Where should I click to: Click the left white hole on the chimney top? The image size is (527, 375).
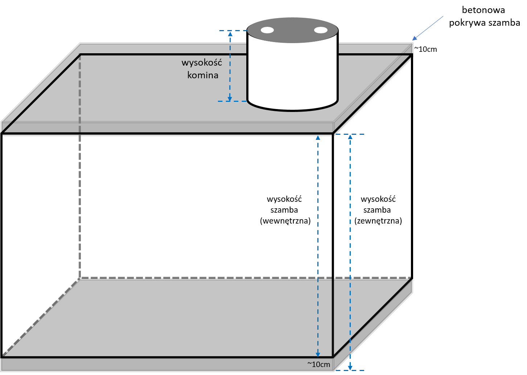click(x=267, y=30)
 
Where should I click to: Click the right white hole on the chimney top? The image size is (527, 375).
click(x=321, y=30)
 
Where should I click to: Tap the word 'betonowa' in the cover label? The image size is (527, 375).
click(x=483, y=10)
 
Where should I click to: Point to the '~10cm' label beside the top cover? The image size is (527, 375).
click(x=425, y=49)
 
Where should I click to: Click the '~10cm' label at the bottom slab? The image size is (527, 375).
click(x=318, y=364)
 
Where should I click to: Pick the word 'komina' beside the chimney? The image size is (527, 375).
click(x=203, y=75)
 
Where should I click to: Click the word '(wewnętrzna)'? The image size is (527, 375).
click(x=285, y=221)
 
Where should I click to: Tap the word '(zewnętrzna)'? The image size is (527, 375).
click(x=378, y=221)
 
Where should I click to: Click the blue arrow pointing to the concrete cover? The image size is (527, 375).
click(x=428, y=28)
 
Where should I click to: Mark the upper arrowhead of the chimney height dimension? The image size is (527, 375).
click(x=230, y=34)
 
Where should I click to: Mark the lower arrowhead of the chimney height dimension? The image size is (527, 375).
click(x=230, y=98)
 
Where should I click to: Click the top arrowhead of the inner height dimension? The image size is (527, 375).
click(x=318, y=138)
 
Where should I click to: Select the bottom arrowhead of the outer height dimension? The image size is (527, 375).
click(x=350, y=367)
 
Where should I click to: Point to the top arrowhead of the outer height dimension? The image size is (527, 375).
click(x=350, y=137)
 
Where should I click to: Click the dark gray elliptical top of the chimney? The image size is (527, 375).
click(x=292, y=30)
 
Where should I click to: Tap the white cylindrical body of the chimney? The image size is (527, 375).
click(x=292, y=75)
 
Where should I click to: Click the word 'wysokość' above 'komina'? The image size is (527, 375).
click(x=202, y=63)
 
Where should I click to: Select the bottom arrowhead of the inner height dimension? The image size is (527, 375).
click(x=318, y=354)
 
